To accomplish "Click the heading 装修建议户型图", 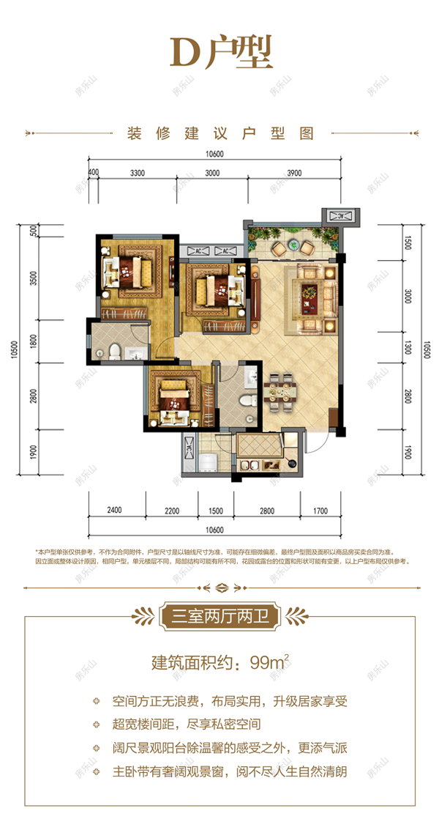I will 219,135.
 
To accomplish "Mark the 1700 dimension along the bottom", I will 319,510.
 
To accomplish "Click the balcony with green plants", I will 293,240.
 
